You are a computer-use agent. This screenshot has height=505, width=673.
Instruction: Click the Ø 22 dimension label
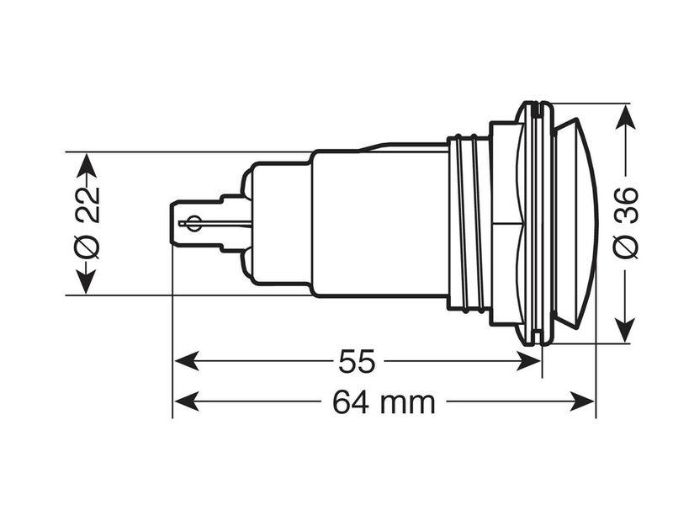(x=88, y=223)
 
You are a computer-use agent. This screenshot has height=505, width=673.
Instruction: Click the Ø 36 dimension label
(x=625, y=223)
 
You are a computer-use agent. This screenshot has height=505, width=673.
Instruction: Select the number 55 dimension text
(x=357, y=362)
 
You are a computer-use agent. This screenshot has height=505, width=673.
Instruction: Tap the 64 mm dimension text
(x=384, y=402)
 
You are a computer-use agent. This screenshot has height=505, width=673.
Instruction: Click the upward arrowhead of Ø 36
(x=625, y=116)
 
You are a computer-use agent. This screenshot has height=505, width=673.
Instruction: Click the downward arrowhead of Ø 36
(x=625, y=330)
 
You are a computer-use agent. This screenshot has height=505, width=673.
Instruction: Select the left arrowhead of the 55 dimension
(x=186, y=361)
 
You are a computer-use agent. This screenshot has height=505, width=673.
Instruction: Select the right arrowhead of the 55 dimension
(x=528, y=361)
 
